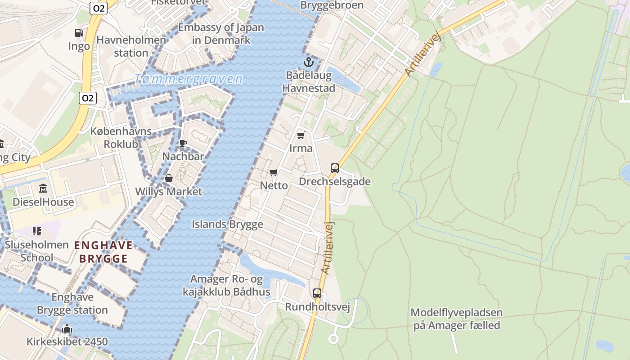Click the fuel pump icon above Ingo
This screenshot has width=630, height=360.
pyautogui.click(x=79, y=33)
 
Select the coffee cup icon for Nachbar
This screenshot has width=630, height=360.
pyautogui.click(x=183, y=144)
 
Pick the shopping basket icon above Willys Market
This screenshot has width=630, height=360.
pyautogui.click(x=169, y=178)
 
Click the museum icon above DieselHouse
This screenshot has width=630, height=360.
pyautogui.click(x=43, y=188)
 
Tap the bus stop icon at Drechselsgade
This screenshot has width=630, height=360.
pyautogui.click(x=334, y=168)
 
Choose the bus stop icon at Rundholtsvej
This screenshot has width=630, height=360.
pyautogui.click(x=317, y=293)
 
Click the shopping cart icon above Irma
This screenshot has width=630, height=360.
pyautogui.click(x=301, y=135)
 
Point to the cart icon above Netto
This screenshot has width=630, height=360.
pyautogui.click(x=274, y=172)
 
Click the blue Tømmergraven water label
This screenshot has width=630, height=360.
pyautogui.click(x=189, y=79)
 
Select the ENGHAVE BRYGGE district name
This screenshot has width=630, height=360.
pyautogui.click(x=103, y=252)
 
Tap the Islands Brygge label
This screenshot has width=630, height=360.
pyautogui.click(x=227, y=224)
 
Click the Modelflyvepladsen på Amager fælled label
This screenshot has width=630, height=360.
pyautogui.click(x=456, y=319)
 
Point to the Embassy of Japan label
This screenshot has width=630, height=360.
pyautogui.click(x=221, y=33)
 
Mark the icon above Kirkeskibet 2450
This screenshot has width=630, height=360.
pyautogui.click(x=67, y=328)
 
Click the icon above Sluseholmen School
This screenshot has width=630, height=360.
pyautogui.click(x=37, y=231)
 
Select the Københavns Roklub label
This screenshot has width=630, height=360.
pyautogui.click(x=121, y=138)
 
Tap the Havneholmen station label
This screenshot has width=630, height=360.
pyautogui.click(x=131, y=46)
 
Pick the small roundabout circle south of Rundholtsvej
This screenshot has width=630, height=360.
pyautogui.click(x=333, y=338)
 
